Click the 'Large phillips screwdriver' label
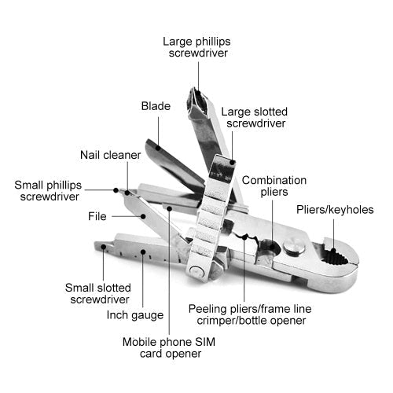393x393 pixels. (x=197, y=46)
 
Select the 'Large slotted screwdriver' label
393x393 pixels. (x=252, y=117)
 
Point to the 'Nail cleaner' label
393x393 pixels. (x=110, y=155)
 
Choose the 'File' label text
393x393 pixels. (x=97, y=215)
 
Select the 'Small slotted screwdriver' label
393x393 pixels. (x=97, y=293)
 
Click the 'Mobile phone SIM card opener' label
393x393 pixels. (x=162, y=347)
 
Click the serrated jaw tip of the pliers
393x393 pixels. (x=346, y=258)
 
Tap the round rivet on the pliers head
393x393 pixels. (x=294, y=248)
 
